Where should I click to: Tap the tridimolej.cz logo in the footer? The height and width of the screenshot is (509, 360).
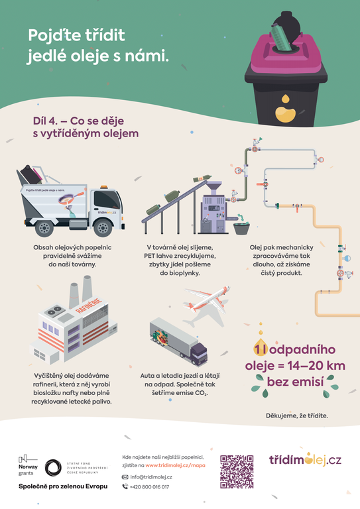[305, 460]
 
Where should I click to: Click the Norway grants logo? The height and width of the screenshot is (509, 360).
[28, 465]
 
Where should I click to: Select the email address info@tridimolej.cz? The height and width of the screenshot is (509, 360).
[151, 477]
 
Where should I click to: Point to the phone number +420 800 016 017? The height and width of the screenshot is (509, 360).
[150, 487]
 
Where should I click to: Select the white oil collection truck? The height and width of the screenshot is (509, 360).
[73, 205]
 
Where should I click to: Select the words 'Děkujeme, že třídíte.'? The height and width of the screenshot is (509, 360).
[296, 416]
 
